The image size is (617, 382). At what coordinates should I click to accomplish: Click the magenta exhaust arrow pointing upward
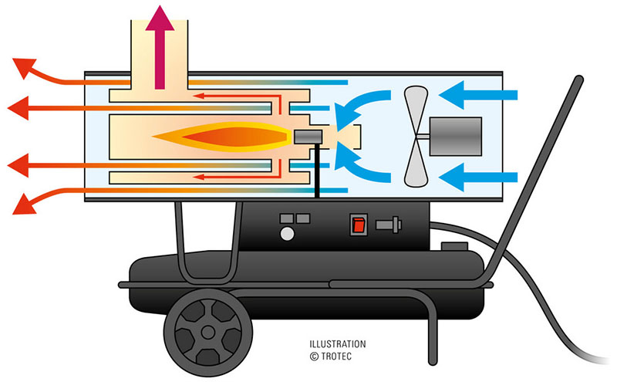[162, 46]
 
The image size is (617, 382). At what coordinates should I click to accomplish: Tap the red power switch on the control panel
[357, 225]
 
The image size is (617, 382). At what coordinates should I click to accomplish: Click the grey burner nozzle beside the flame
[308, 137]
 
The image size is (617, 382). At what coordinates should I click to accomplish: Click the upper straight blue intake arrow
[482, 95]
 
